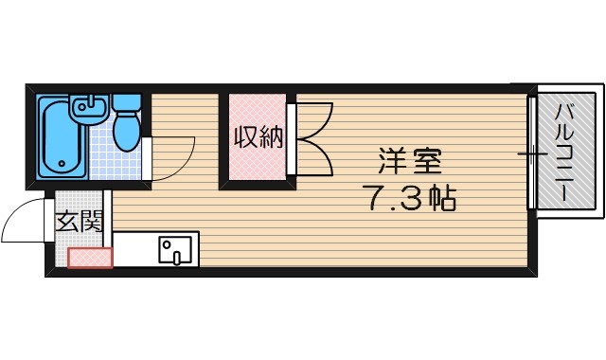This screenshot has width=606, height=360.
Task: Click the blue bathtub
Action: pyautogui.click(x=59, y=137)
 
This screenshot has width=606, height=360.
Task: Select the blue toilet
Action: pyautogui.click(x=126, y=129)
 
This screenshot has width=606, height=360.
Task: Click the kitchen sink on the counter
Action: pyautogui.click(x=174, y=251)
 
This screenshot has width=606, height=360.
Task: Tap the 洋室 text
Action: pyautogui.click(x=410, y=161)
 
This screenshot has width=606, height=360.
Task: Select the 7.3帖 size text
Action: pyautogui.click(x=409, y=199)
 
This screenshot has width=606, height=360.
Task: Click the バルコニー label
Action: pyautogui.click(x=567, y=152)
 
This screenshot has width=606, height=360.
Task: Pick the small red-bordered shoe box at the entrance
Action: pyautogui.click(x=90, y=257)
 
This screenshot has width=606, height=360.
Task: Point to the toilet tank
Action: pyautogui.click(x=125, y=102)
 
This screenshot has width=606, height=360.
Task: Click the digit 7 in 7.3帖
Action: pyautogui.click(x=372, y=199)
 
